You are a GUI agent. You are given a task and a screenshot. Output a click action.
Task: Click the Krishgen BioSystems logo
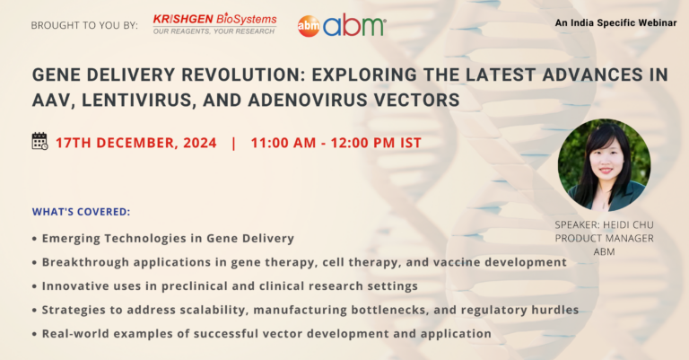click(x=215, y=23)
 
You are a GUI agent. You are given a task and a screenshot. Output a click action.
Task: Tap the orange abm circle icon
click(x=309, y=26)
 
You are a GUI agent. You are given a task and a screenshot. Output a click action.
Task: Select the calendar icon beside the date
click(x=39, y=141)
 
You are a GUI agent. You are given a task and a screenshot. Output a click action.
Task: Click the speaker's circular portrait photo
click(x=604, y=165)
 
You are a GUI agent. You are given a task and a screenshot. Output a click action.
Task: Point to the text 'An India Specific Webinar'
click(x=615, y=22)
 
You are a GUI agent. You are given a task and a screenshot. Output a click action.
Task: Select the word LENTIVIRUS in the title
click(x=136, y=101)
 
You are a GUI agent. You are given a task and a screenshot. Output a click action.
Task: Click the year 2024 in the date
click(x=200, y=143)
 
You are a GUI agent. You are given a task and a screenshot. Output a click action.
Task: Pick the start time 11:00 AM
click(x=283, y=143)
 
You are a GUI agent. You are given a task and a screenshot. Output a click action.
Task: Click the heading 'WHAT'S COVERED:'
click(x=82, y=212)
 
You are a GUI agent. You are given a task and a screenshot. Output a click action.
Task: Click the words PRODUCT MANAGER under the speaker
click(x=604, y=238)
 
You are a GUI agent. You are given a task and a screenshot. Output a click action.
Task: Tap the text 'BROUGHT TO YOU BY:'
click(x=84, y=25)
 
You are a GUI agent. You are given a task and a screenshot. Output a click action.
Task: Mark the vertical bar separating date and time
click(x=233, y=144)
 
